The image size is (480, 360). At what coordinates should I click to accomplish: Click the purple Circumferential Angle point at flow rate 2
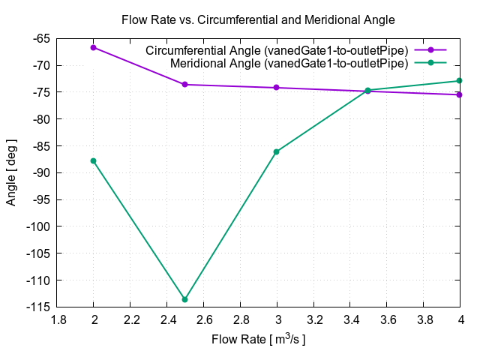94,47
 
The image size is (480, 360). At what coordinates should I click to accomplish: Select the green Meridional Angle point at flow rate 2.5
185,299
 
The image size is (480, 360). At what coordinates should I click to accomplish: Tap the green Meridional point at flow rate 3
277,151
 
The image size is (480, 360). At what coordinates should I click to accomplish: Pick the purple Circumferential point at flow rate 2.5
185,84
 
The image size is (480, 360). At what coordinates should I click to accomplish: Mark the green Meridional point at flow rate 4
460,81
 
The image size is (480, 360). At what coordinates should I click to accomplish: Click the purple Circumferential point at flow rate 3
277,88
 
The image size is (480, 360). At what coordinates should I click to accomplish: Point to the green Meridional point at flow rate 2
94,160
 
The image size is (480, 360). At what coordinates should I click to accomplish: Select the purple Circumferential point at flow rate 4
460,94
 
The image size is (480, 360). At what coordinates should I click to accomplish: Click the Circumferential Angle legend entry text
277,50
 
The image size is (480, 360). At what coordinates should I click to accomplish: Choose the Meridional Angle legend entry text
289,63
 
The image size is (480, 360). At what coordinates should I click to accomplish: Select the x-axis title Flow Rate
258,340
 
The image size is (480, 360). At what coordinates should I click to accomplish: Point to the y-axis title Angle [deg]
12,172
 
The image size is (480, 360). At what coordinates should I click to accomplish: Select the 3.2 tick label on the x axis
313,319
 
